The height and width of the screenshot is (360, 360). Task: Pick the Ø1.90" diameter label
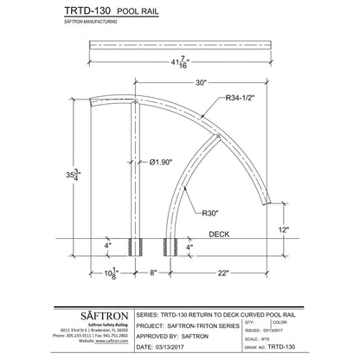[x=164, y=162]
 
